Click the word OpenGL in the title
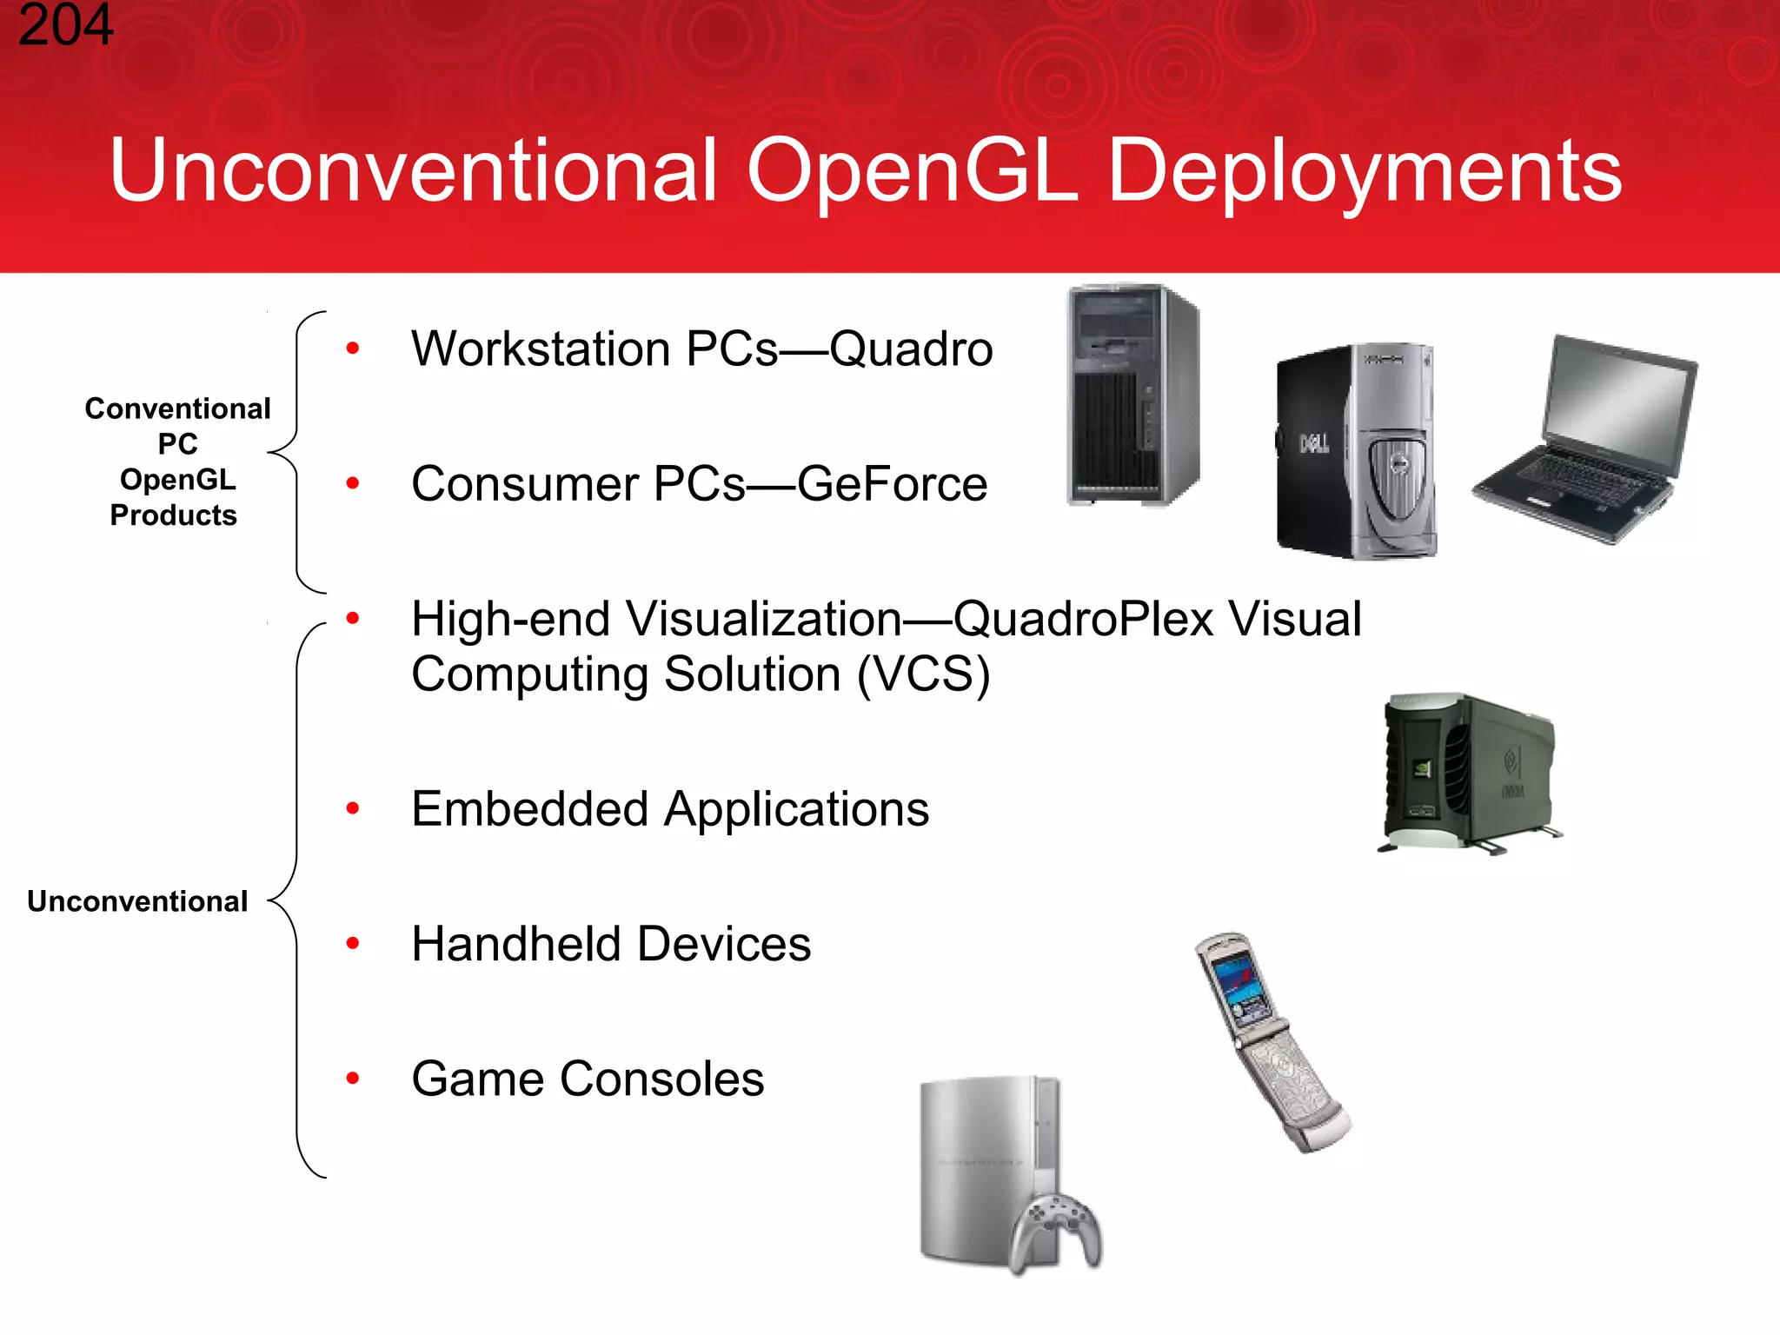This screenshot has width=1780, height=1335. coord(912,172)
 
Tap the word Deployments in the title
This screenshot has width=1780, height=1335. coord(1364,172)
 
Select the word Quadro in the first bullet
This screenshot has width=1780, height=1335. coord(910,349)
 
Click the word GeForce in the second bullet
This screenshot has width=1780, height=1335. coord(892,484)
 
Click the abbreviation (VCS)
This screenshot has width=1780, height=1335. coord(923,675)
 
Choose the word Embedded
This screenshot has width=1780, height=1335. coord(530,809)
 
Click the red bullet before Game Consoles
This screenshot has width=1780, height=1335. coord(352,1079)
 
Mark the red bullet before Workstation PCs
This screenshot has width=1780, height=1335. coord(352,349)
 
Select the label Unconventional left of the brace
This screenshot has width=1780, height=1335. coord(137,901)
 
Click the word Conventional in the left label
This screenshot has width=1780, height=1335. coord(177,408)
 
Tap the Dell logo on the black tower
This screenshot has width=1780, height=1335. coord(1313,444)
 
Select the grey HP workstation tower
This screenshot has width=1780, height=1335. coord(1132,395)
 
